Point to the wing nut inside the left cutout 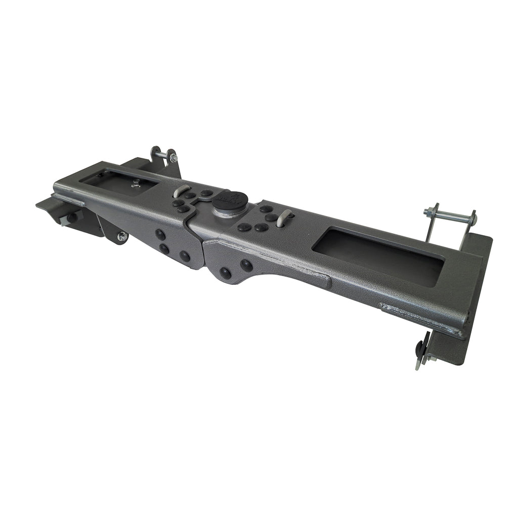coord(135,183)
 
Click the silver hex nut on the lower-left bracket coord(122,236)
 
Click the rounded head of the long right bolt coord(473,219)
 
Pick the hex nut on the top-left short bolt coord(174,158)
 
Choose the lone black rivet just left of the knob coord(206,193)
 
